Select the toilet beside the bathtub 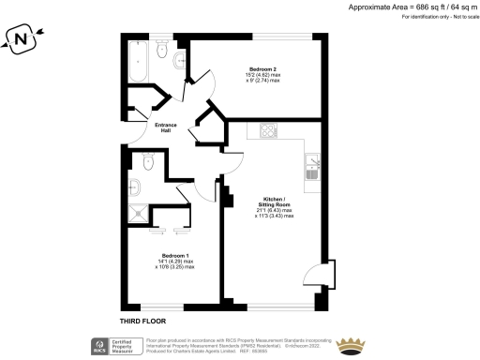point(161,57)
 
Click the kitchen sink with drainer point(313,167)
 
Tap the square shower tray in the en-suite point(140,211)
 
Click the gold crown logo point(351,343)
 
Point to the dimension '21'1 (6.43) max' point(275,211)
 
